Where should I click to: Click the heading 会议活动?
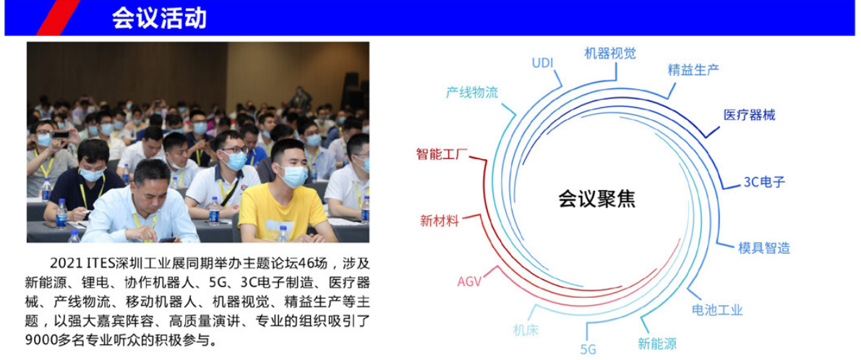point(159,18)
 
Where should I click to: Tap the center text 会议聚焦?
point(597,198)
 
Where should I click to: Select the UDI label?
point(542,63)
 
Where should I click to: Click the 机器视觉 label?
point(610,53)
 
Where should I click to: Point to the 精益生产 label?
point(693,69)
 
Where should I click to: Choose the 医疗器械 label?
point(749,115)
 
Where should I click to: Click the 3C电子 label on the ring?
point(764,182)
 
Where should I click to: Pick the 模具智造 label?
point(764,248)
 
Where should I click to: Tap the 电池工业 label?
point(717,309)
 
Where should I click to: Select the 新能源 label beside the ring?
point(657,344)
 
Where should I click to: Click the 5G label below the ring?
point(588,350)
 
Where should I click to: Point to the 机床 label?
point(526,330)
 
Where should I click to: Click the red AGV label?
point(469,282)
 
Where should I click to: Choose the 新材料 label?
point(440,220)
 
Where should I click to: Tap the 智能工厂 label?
point(442,154)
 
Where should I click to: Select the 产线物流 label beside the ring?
point(471,93)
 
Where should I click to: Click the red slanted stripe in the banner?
point(58,17)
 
